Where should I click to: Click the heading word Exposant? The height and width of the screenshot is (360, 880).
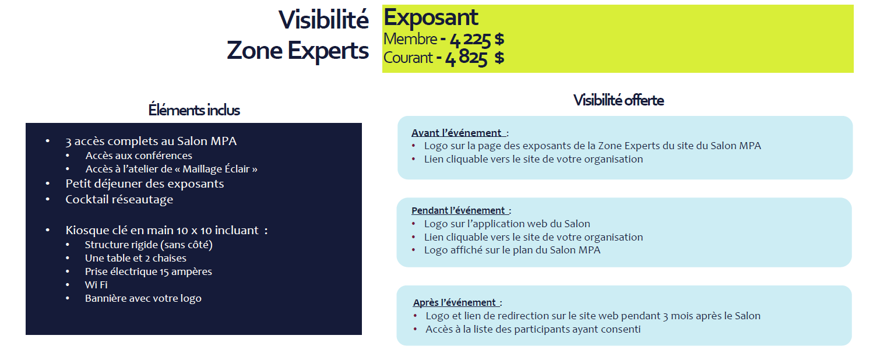tap(431, 17)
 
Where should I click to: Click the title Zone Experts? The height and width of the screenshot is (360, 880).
tap(297, 51)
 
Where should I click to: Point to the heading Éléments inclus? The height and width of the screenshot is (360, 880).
tap(194, 110)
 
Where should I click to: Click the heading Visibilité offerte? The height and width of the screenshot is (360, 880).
tap(618, 100)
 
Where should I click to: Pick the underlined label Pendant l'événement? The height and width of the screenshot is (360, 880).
tap(460, 210)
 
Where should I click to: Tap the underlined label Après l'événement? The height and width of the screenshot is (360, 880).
tap(456, 302)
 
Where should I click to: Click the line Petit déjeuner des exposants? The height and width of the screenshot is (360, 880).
tap(145, 183)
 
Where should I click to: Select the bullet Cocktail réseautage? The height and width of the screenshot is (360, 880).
tap(119, 199)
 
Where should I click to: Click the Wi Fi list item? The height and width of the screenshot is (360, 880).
tap(96, 285)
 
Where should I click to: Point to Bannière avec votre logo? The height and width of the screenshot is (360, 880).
tap(143, 298)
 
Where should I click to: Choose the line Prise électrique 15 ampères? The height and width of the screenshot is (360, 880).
tap(148, 271)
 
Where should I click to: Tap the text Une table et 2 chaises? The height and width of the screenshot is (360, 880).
tap(135, 258)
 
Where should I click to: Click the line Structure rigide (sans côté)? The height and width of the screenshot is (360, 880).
tap(149, 245)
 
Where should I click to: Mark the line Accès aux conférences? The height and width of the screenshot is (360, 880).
tap(139, 156)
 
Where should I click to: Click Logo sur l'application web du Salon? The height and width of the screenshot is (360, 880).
tap(507, 224)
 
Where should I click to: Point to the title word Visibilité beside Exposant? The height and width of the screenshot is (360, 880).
tap(323, 20)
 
